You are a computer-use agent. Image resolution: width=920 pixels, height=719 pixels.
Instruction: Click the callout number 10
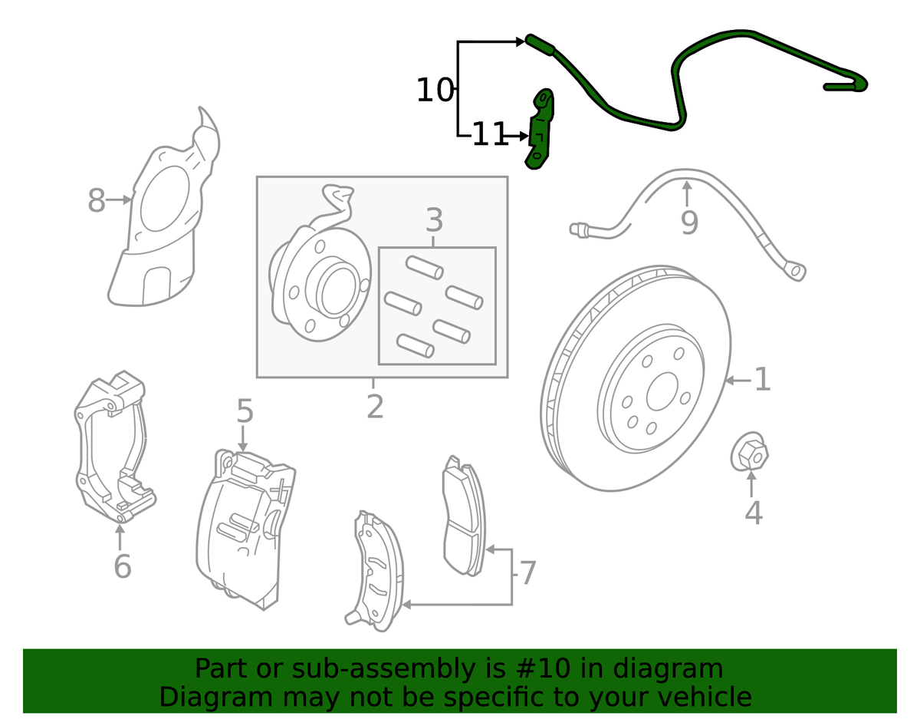coord(435,91)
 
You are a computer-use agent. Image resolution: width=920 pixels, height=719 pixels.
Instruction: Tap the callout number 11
coord(490,135)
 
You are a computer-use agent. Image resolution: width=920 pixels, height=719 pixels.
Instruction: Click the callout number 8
coord(96,201)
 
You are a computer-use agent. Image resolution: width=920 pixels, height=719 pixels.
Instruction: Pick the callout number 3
coord(434,221)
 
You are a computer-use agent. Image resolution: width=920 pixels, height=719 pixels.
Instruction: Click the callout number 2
coord(374,406)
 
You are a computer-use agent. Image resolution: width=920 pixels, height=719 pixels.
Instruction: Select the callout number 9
coord(689,223)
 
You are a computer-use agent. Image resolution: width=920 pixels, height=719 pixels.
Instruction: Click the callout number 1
coord(761,380)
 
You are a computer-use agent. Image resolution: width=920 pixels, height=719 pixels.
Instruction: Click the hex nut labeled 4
coord(749,453)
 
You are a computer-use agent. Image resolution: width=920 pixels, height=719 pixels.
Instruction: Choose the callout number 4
coord(753,513)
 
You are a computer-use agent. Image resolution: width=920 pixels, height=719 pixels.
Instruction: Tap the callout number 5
coord(244,412)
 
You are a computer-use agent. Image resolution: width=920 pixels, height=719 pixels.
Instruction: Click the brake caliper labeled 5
coord(242,529)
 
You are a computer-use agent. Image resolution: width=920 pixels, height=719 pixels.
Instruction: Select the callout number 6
coord(122,566)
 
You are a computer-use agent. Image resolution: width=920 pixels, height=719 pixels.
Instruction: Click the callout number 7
coord(527,573)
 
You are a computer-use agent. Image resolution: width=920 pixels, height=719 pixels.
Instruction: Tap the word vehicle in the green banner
coord(703,697)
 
